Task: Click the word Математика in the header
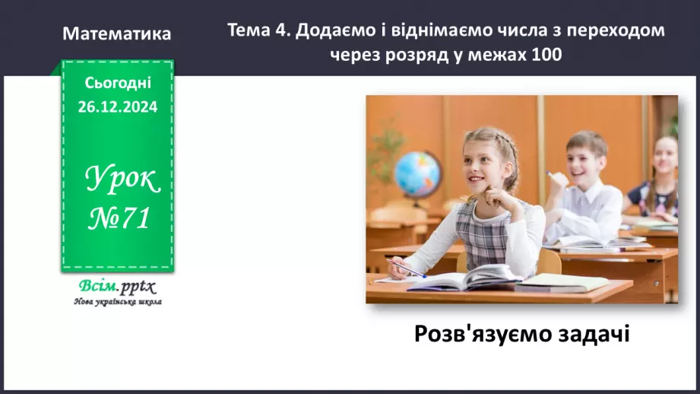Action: (117, 34)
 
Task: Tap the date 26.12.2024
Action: (118, 107)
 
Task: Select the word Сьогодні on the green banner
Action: (118, 82)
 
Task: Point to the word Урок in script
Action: (122, 180)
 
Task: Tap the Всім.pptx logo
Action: (117, 287)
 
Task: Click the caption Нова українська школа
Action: (117, 301)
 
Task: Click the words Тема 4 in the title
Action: (258, 30)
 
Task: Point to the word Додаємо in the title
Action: (331, 30)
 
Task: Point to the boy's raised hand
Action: (559, 180)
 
